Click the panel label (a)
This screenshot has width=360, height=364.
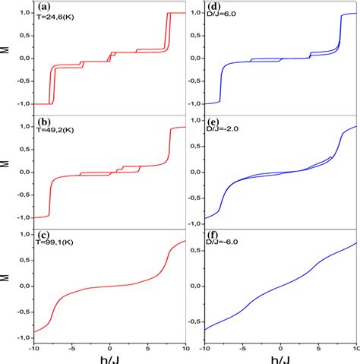pos(43,8)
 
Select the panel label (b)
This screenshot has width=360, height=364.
pos(43,121)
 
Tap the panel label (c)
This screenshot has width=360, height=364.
pos(43,236)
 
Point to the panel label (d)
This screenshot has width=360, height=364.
pos(214,8)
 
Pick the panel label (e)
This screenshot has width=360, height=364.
pos(214,121)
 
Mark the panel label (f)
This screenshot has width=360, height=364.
pos(213,236)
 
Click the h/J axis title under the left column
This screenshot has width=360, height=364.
pos(109,357)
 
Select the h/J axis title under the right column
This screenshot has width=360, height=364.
pos(280,357)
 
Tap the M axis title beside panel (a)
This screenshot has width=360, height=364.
pos(6,58)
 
